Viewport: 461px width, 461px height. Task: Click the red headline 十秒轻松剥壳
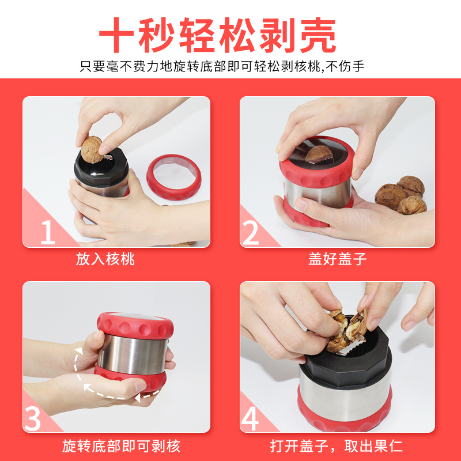point(218,35)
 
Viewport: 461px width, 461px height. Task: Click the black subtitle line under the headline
point(222,66)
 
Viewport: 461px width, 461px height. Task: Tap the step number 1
point(48,232)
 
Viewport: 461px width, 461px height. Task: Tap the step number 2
point(251,233)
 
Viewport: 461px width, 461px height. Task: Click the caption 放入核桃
point(105,259)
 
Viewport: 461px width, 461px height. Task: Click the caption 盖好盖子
point(337,259)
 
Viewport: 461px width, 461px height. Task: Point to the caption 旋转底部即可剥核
point(121,446)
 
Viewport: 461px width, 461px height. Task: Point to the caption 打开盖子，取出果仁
point(336,446)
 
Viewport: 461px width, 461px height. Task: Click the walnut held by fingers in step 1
point(92,149)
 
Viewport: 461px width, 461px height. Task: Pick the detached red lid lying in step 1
point(174,177)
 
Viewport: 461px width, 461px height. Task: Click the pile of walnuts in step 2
point(400,195)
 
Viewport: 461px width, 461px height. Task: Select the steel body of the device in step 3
point(133,354)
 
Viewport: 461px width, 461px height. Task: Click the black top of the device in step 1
point(101,168)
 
